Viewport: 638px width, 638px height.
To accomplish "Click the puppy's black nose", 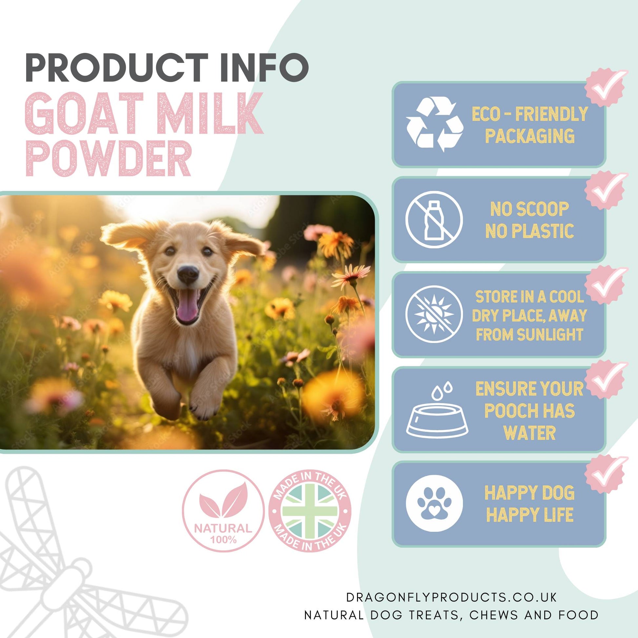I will point(188,273).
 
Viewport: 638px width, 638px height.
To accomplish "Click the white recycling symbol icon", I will point(434,124).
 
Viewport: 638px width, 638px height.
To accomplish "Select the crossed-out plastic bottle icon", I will point(434,219).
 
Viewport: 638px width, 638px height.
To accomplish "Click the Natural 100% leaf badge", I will point(223,511).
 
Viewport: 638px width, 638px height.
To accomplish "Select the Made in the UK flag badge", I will point(310,511).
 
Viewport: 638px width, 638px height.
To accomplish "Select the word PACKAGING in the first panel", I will point(530,136).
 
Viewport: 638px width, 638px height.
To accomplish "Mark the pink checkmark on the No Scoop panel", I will point(605,190).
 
